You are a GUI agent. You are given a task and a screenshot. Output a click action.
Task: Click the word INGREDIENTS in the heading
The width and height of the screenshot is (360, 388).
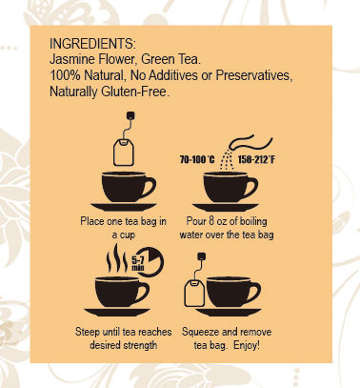coord(91,44)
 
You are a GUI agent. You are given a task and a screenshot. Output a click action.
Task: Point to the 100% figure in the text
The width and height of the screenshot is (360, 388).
coord(66,74)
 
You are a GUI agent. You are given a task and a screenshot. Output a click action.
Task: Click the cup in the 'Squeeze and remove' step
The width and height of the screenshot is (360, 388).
coord(236,297)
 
